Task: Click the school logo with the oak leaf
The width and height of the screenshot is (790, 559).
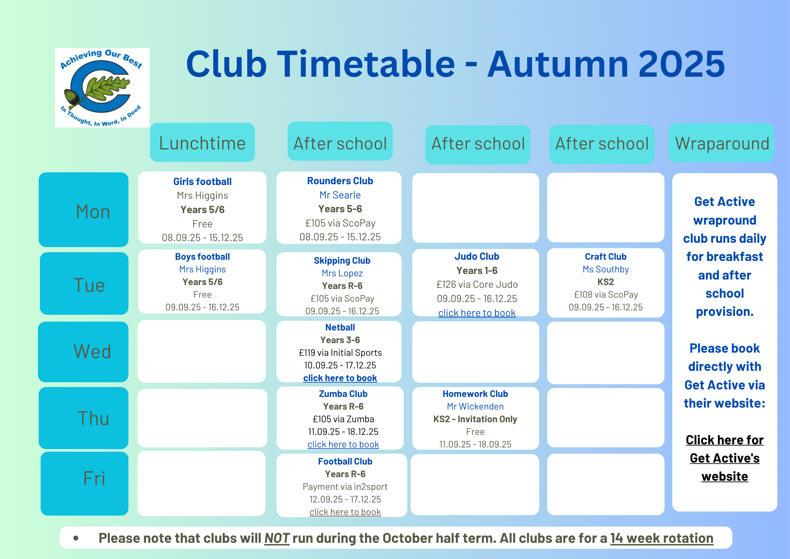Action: (x=102, y=88)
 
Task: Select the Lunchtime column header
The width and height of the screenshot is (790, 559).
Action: (x=202, y=142)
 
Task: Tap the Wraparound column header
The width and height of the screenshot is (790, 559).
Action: (x=721, y=143)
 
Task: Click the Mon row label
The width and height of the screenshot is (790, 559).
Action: (x=84, y=210)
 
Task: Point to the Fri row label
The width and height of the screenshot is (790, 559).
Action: (x=85, y=483)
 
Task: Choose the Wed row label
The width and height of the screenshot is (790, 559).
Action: (x=83, y=352)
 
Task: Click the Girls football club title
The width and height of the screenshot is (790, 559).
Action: (x=202, y=181)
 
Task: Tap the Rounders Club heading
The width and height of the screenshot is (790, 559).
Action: (x=340, y=181)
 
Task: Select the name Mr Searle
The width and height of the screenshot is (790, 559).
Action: (x=340, y=195)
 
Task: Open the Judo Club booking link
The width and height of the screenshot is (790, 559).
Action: (x=477, y=313)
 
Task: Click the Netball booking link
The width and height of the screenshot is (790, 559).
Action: (x=340, y=378)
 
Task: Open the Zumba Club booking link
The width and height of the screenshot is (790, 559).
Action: (x=343, y=444)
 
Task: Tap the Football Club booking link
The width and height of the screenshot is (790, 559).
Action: (x=345, y=512)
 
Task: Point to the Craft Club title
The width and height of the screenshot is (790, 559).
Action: (x=606, y=257)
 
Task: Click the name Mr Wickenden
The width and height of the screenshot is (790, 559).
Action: (x=475, y=406)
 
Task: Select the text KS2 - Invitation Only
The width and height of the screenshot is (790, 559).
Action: (x=475, y=419)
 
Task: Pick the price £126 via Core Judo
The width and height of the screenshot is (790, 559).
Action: (x=477, y=284)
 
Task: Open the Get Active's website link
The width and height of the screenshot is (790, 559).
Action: (x=725, y=458)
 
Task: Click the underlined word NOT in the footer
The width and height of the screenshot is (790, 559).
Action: (x=277, y=538)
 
